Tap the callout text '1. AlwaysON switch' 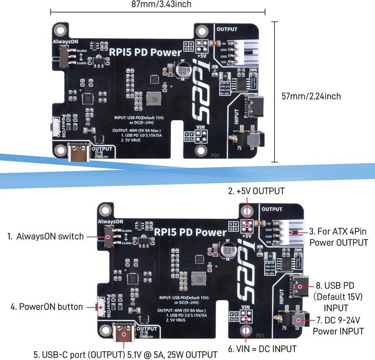pos(45,236)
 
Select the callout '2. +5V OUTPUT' pos(256,191)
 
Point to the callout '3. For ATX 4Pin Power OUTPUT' pos(339,237)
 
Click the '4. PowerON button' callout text pos(47,307)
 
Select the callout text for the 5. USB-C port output pos(122,354)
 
